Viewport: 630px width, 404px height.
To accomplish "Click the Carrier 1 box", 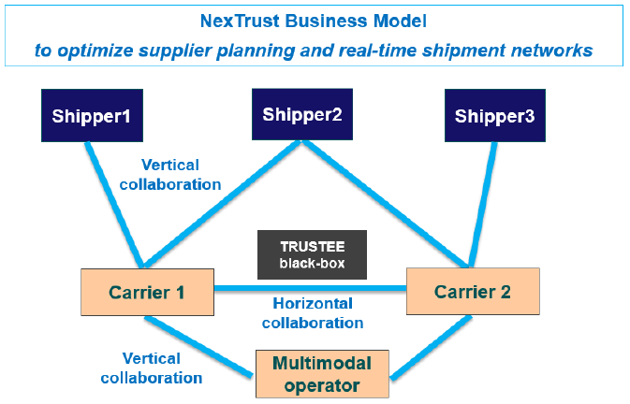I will pos(146,292).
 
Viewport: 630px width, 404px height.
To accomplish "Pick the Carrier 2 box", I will pos(473,291).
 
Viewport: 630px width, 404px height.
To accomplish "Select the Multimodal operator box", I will pos(321,373).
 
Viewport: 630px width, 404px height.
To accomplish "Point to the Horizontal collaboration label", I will pos(312,313).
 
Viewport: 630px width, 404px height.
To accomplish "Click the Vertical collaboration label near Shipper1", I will pos(171,175).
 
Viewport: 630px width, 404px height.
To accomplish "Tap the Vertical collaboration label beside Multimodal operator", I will pos(163,368).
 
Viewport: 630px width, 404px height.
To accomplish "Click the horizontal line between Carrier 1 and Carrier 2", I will pos(309,288).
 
